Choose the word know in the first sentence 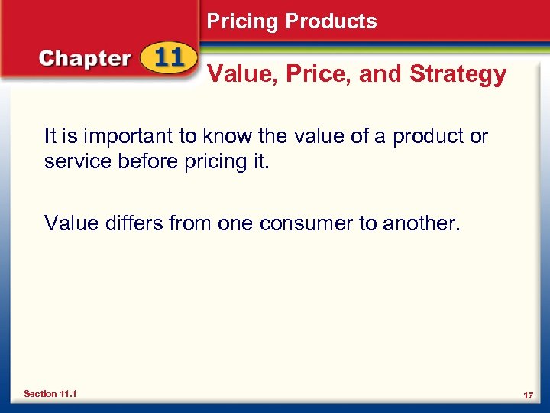[228, 136]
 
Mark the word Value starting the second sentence [70, 223]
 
